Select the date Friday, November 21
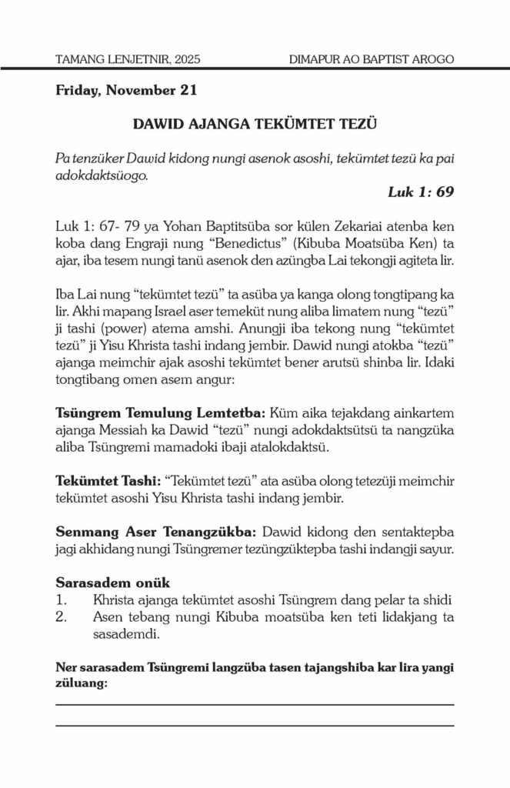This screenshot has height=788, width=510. pyautogui.click(x=127, y=90)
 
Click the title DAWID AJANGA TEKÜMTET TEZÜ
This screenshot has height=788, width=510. pyautogui.click(x=254, y=123)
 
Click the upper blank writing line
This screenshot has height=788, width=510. pyautogui.click(x=255, y=704)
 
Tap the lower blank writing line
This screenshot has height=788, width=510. pyautogui.click(x=255, y=725)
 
